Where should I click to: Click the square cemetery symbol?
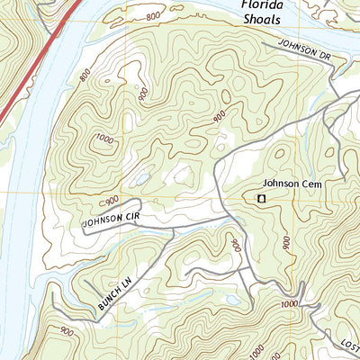262,198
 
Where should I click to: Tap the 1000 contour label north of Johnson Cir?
104,139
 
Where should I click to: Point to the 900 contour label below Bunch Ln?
67,332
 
